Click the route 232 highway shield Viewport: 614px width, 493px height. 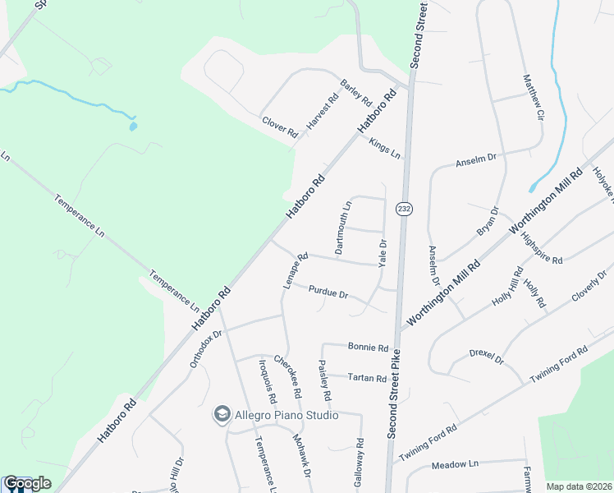tap(403, 209)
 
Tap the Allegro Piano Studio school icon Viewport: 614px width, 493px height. tap(221, 415)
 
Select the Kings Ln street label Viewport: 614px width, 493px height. tap(384, 149)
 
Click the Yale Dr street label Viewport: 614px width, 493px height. tap(382, 251)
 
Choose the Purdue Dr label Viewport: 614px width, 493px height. tap(328, 292)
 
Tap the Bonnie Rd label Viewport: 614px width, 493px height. tap(367, 347)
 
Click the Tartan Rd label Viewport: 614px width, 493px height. tap(366, 378)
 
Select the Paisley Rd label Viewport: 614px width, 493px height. tap(324, 381)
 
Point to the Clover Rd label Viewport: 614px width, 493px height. tap(279, 127)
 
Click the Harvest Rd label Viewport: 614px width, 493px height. tap(323, 113)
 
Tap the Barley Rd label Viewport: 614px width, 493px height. tap(356, 93)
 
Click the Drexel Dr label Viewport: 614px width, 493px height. tap(486, 356)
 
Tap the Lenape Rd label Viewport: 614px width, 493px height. tap(296, 269)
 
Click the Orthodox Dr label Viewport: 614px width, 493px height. tap(206, 349)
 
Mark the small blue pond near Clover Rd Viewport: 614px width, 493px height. tap(132, 127)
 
